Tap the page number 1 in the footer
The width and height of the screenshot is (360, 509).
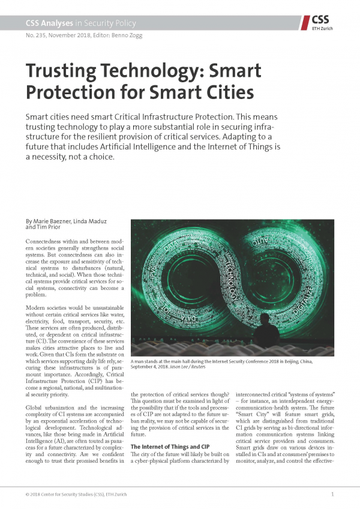coord(332,494)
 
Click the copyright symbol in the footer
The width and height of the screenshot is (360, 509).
coord(28,494)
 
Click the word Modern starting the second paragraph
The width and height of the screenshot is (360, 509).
coord(37,307)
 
